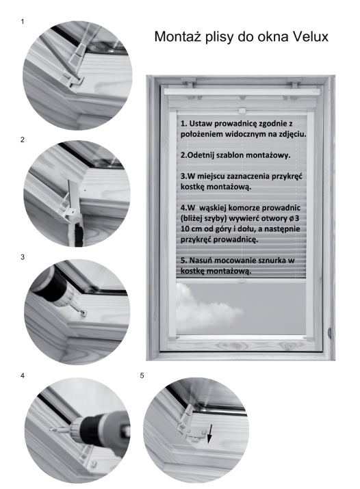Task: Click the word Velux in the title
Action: pyautogui.click(x=311, y=36)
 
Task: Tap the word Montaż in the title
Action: pyautogui.click(x=179, y=36)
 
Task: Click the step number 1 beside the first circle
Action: pyautogui.click(x=22, y=21)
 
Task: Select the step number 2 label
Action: pyautogui.click(x=22, y=140)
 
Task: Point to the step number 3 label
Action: pyautogui.click(x=22, y=257)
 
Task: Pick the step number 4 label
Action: pyautogui.click(x=22, y=375)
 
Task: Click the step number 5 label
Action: pyautogui.click(x=142, y=375)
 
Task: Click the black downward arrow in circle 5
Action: pyautogui.click(x=210, y=434)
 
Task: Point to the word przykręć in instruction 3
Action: pyautogui.click(x=287, y=176)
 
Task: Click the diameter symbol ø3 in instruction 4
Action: pyautogui.click(x=294, y=218)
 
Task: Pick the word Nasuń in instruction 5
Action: pyautogui.click(x=201, y=261)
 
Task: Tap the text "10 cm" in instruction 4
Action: pyautogui.click(x=191, y=229)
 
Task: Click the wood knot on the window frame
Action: pyautogui.click(x=329, y=333)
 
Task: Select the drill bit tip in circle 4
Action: pyautogui.click(x=51, y=429)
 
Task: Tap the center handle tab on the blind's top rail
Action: pyautogui.click(x=242, y=111)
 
